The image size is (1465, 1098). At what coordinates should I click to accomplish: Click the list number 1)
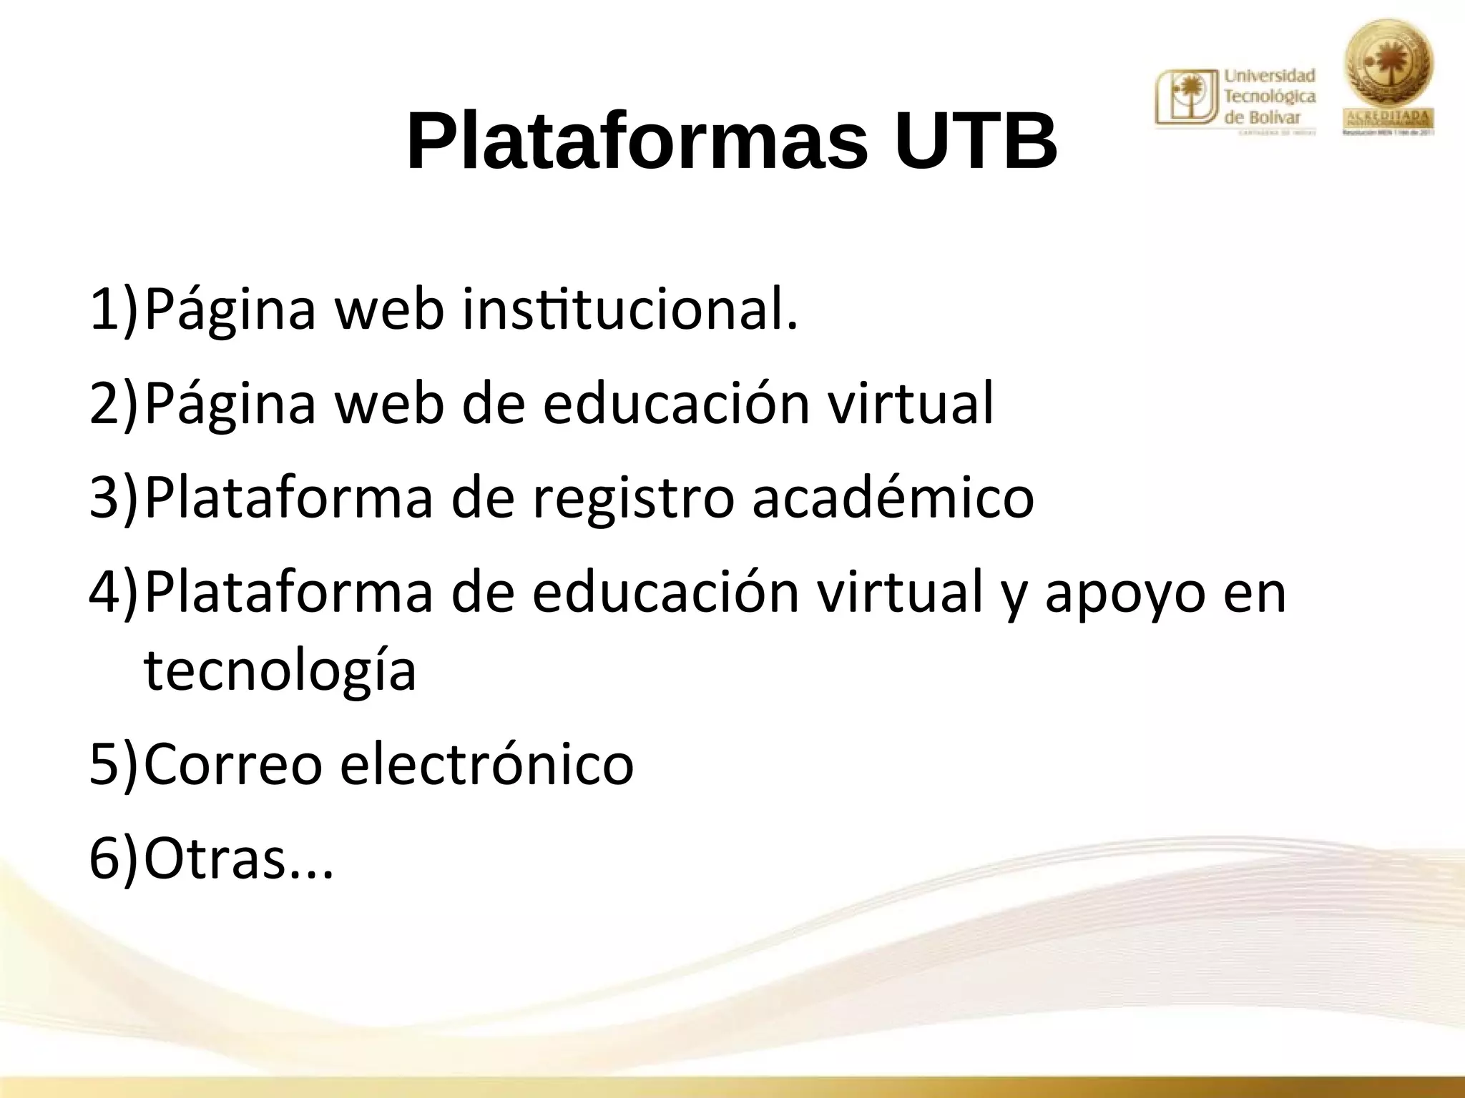[x=113, y=309]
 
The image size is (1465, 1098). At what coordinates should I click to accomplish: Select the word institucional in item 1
[x=629, y=309]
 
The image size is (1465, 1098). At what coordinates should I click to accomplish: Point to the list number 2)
[x=113, y=402]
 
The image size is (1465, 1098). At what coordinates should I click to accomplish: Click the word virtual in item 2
[x=910, y=402]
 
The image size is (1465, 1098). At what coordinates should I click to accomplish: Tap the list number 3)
[x=113, y=497]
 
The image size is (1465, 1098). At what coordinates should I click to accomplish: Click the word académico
[x=893, y=497]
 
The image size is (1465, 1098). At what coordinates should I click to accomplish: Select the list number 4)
[x=113, y=591]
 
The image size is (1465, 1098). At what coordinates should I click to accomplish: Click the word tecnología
[x=280, y=672]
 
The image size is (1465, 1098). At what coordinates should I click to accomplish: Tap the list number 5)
[x=113, y=763]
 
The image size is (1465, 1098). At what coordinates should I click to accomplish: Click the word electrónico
[x=486, y=763]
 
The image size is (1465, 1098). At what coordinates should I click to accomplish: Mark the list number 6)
[x=113, y=858]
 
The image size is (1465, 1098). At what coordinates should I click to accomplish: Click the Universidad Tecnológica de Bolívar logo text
[x=1270, y=97]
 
